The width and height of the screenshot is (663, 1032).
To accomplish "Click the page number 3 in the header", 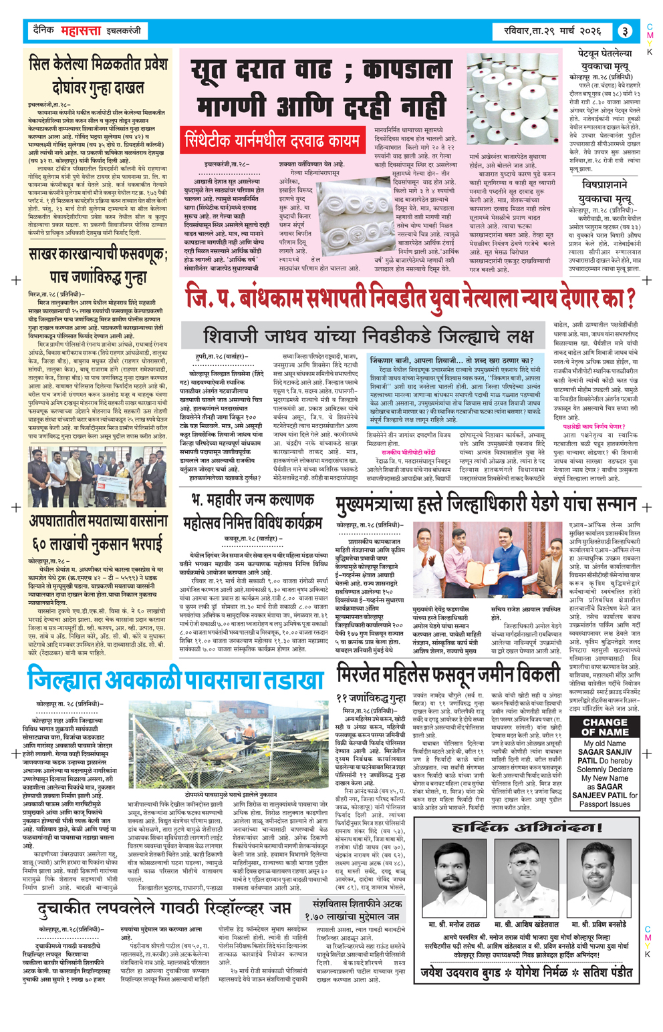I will coord(624,31).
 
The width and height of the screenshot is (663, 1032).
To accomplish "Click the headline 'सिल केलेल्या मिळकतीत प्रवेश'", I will coord(96,66).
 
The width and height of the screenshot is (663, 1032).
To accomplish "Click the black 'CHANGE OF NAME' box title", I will coord(604,727).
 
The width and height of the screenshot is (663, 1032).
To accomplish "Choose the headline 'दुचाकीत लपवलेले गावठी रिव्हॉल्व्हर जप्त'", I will coord(165,906).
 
